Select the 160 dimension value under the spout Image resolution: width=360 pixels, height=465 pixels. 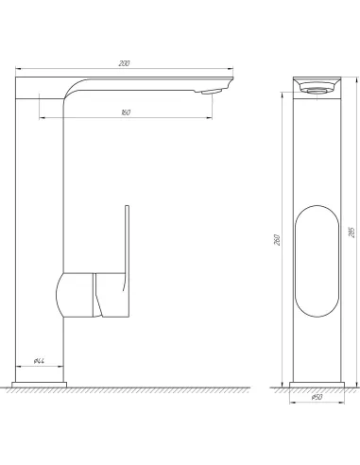(125, 112)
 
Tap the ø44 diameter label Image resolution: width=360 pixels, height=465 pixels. (41, 360)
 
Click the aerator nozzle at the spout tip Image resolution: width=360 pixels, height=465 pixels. (215, 90)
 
